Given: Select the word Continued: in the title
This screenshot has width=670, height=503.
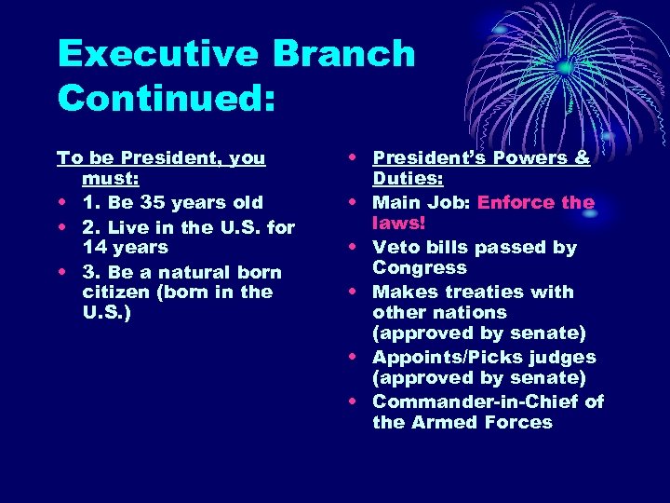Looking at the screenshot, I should [x=167, y=97].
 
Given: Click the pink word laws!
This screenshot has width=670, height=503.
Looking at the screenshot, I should [x=398, y=223].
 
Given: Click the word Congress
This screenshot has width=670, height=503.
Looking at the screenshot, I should [x=420, y=267].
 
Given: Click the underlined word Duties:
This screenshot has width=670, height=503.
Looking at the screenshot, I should [x=406, y=178].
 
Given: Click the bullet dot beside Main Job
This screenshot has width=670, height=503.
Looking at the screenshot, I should [x=356, y=203].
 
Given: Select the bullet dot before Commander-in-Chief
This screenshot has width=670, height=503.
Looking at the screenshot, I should [x=356, y=402].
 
